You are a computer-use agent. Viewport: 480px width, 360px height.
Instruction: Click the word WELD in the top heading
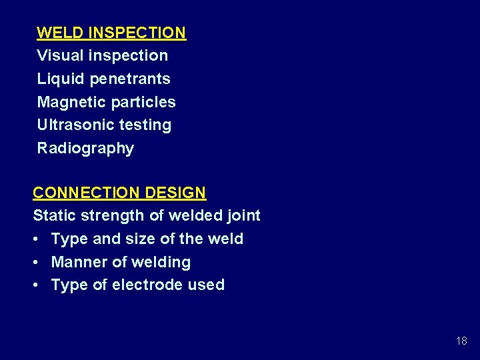tap(60, 33)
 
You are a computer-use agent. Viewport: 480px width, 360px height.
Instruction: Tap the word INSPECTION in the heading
tap(137, 33)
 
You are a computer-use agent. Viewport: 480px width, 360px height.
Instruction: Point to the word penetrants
tap(130, 79)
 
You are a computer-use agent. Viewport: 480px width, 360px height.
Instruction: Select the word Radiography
tap(85, 149)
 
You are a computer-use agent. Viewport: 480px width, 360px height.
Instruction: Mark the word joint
tap(243, 216)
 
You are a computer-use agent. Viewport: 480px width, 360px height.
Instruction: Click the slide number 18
tap(461, 341)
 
